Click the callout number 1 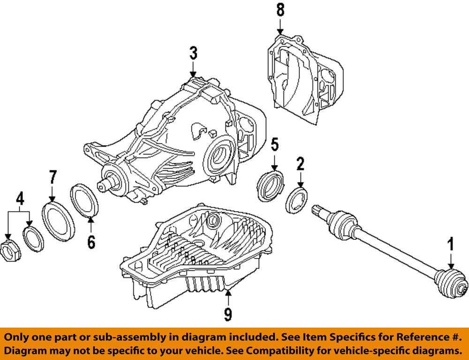(x=450, y=245)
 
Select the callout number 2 (x=300, y=164)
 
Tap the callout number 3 (x=193, y=53)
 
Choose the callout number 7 (x=53, y=178)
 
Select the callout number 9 (x=228, y=314)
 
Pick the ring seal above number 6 (x=84, y=201)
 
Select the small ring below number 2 (x=296, y=199)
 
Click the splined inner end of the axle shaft (x=320, y=211)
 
